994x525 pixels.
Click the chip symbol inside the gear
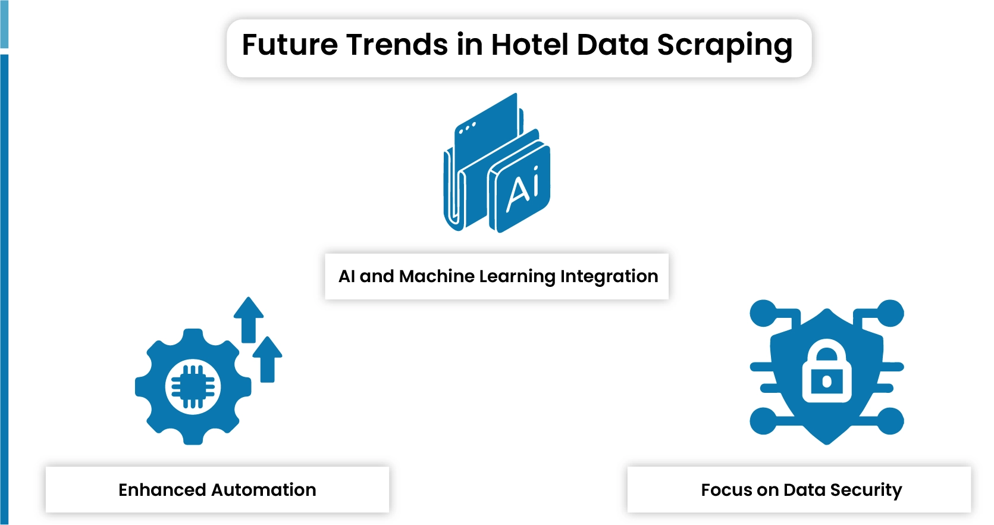pos(193,387)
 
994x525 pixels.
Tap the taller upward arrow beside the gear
pos(249,319)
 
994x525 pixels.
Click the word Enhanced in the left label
pos(162,490)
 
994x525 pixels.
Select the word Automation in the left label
pos(264,490)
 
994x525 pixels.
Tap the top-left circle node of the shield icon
pos(763,314)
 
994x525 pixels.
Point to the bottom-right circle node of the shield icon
pos(890,421)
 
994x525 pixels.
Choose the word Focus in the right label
pos(726,490)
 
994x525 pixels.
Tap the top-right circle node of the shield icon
pos(890,314)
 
